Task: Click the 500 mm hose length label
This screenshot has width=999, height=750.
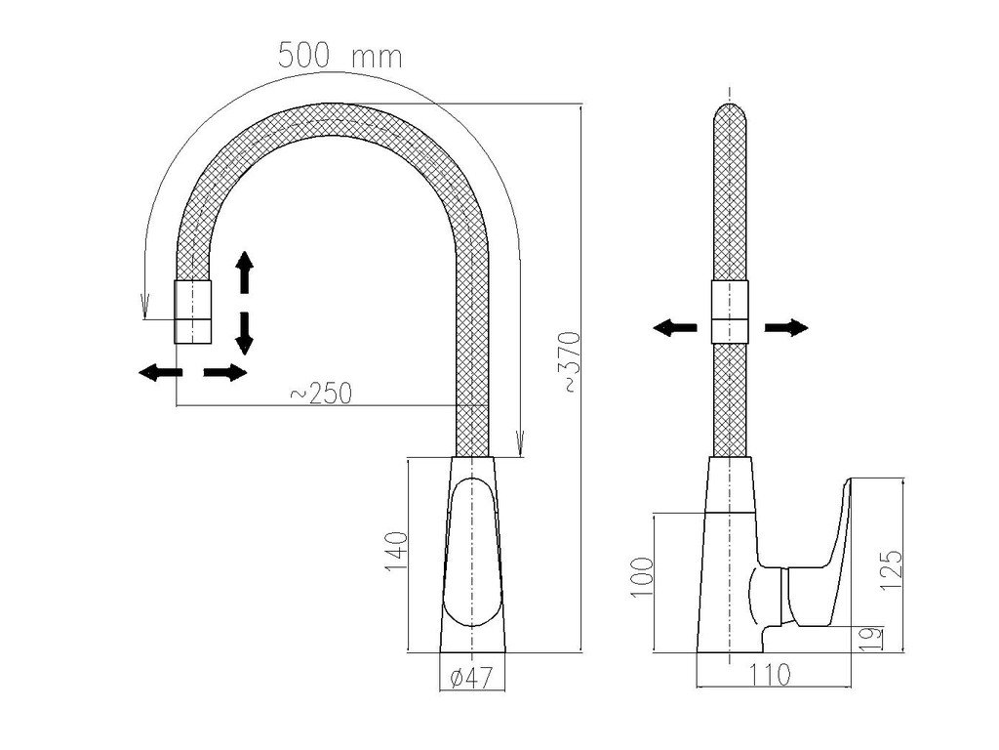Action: pos(340,56)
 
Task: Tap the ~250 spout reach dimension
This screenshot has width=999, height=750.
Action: pos(321,393)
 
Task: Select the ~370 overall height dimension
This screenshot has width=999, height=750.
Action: pos(571,362)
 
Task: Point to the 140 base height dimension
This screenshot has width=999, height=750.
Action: pos(395,554)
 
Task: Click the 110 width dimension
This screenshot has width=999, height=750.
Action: pos(770,673)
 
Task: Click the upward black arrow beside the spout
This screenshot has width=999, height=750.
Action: pos(244,272)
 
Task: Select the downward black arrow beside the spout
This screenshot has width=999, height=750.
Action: pos(244,332)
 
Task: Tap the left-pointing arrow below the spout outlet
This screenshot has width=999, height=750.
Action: pos(158,372)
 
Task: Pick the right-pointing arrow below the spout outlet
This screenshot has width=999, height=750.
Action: pos(225,372)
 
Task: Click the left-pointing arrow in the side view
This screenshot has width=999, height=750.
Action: pos(674,328)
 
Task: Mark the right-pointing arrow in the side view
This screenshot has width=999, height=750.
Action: pos(786,328)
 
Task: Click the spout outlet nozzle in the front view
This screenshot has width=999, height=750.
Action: pos(192,311)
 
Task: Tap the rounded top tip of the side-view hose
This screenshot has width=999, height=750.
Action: pos(730,115)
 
